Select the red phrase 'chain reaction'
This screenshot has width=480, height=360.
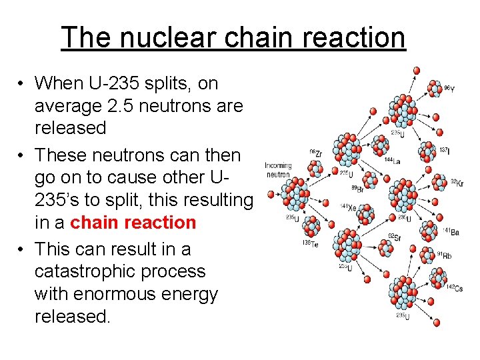133,222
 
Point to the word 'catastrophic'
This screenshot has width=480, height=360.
120,271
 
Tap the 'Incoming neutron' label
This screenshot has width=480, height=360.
278,170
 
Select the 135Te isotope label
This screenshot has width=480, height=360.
309,243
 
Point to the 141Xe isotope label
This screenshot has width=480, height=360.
347,207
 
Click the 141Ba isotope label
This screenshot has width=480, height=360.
451,230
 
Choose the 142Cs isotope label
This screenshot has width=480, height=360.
455,287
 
